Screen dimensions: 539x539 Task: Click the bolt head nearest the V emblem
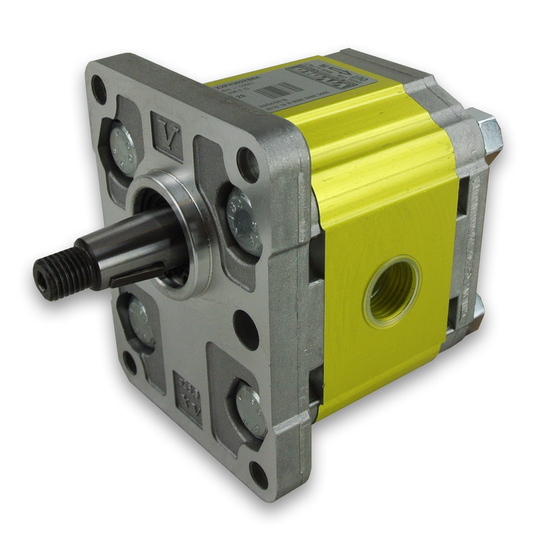[x=124, y=149]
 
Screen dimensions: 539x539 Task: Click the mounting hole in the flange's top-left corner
[x=99, y=89]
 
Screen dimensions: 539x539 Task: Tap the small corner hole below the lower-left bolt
[x=129, y=363]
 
